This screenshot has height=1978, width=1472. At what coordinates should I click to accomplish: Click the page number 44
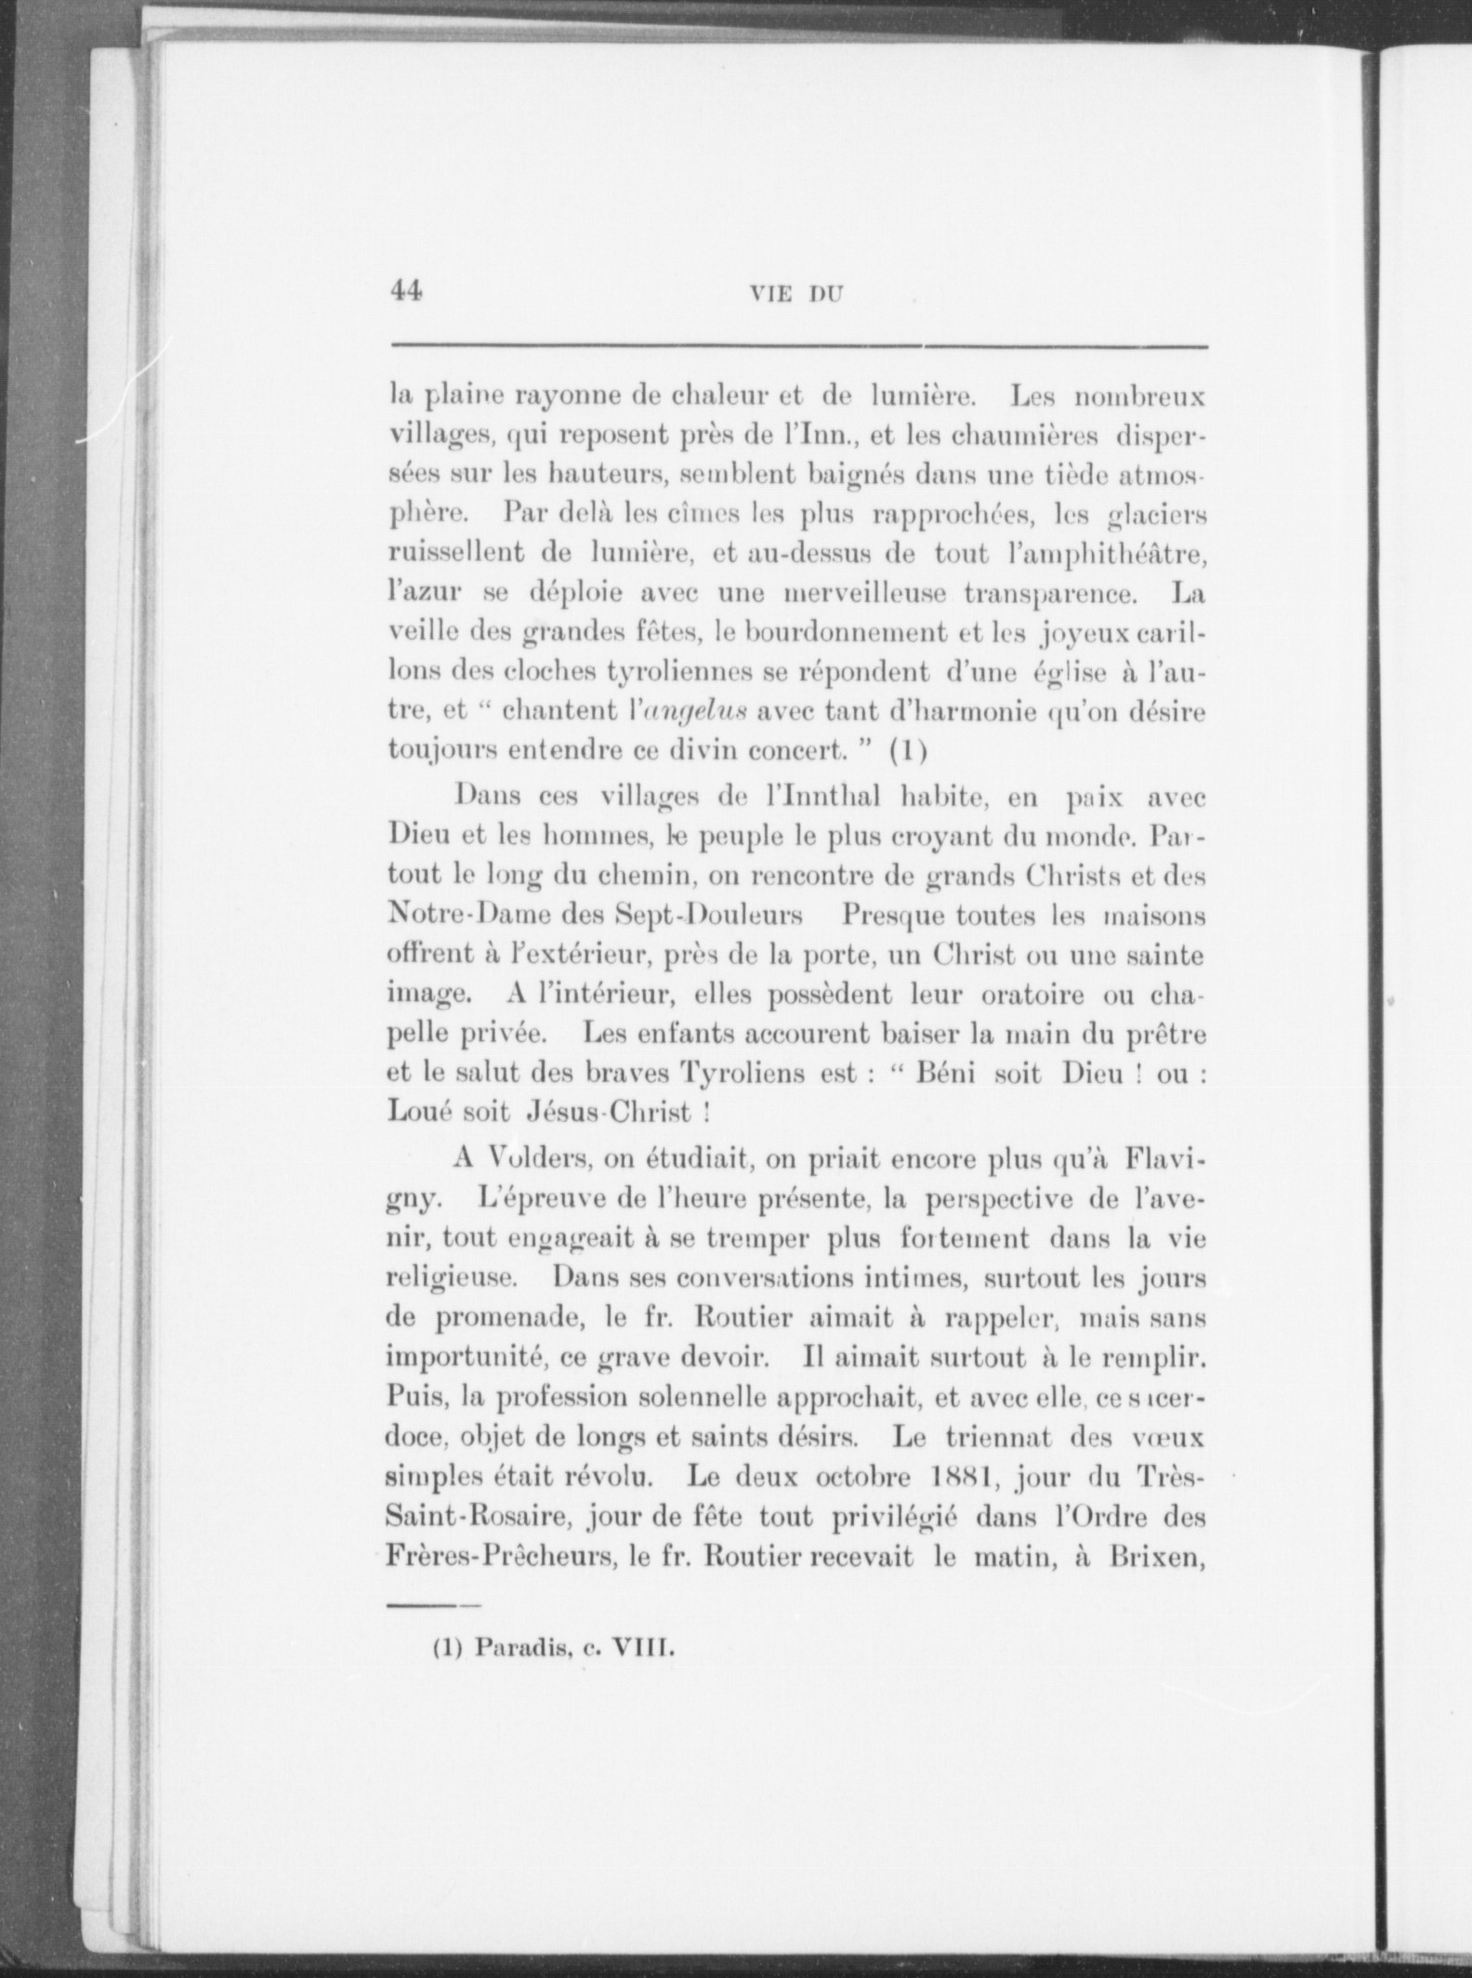(405, 291)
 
